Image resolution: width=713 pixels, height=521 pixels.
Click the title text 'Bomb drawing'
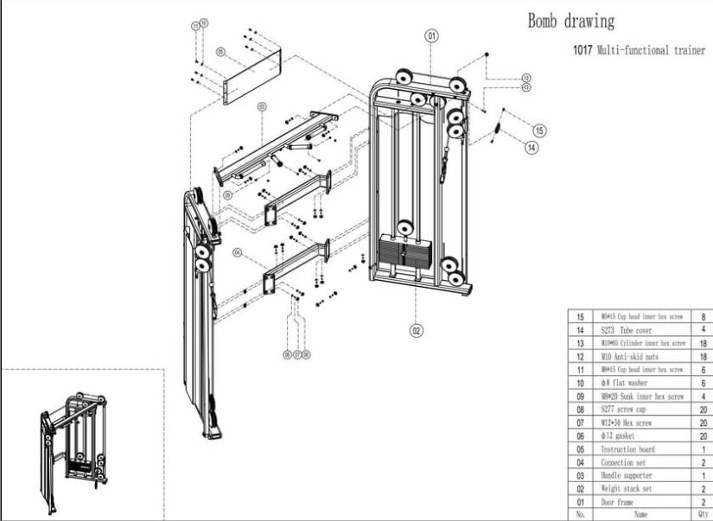coord(571,21)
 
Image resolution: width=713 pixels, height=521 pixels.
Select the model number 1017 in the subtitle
coord(582,51)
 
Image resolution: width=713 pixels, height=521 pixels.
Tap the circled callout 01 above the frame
coord(431,36)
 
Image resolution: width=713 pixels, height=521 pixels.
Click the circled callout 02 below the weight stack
coord(416,329)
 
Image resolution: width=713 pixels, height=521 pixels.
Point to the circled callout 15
coord(539,130)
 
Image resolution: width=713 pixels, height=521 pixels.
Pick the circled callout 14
coord(532,148)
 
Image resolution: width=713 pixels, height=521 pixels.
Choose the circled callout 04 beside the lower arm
coord(238,253)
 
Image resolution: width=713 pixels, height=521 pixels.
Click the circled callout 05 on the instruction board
coord(221,53)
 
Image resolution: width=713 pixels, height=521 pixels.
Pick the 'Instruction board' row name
coord(628,449)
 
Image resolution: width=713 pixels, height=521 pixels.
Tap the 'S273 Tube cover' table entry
coord(624,330)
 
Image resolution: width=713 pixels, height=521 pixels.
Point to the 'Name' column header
coord(640,513)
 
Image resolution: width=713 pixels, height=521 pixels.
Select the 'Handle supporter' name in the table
coord(627,475)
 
